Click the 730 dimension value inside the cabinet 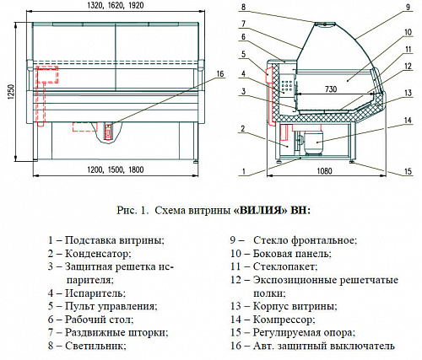click(331, 89)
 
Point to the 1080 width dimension click(324, 171)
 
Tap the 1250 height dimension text click(11, 92)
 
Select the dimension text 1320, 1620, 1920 click(116, 5)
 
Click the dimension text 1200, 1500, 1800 click(116, 169)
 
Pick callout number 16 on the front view click(220, 73)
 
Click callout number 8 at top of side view click(244, 7)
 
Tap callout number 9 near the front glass click(408, 7)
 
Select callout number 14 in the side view click(408, 121)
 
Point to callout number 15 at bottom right click(408, 171)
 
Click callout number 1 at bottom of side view click(244, 171)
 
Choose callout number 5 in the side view click(244, 54)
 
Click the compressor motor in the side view click(313, 142)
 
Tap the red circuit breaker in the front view click(108, 132)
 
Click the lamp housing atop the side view click(325, 24)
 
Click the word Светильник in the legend click(95, 346)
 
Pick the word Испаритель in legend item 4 click(95, 293)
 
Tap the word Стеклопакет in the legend click(285, 266)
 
